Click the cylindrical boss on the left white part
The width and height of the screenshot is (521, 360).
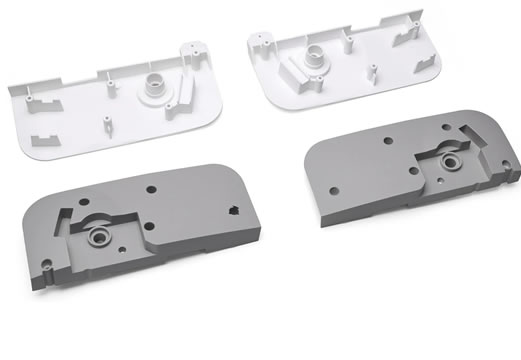tap(158, 85)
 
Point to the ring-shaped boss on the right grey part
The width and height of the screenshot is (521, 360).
tap(449, 160)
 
